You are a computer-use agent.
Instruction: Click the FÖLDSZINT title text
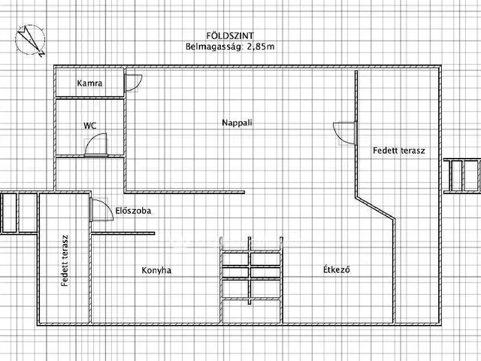point(230,36)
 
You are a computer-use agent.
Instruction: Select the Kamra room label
point(89,83)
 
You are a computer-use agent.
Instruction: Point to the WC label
point(90,126)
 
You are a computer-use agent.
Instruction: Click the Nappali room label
point(237,123)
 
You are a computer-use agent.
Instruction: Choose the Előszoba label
point(133,211)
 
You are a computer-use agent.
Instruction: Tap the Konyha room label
point(156,271)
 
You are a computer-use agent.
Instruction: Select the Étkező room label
point(337,269)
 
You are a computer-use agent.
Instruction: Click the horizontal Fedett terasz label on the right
point(399,150)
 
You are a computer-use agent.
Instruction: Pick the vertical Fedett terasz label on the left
point(65,261)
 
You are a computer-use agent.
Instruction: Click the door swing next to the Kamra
point(134,83)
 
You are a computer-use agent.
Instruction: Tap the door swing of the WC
point(96,145)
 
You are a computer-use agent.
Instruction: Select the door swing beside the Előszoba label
point(102,210)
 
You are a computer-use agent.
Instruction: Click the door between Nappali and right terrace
point(345,133)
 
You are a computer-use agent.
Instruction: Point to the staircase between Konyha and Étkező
point(251,279)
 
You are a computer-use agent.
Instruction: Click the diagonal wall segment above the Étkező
point(376,208)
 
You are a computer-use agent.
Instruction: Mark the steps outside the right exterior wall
point(462,176)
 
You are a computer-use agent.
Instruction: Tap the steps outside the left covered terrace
point(19,213)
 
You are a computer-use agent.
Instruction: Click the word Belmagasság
point(214,47)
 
